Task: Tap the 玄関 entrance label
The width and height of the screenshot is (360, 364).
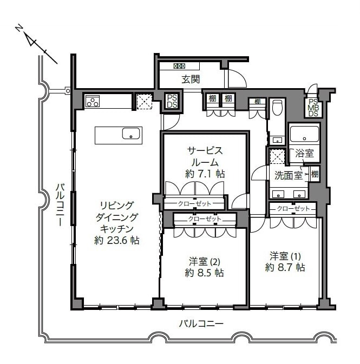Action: [x=190, y=79]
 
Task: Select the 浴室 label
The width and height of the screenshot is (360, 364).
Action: [x=304, y=154]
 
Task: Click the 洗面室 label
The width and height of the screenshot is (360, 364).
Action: [x=287, y=175]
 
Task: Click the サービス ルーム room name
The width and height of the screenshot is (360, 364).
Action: [x=205, y=156]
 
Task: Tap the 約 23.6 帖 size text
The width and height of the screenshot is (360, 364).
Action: [x=116, y=241]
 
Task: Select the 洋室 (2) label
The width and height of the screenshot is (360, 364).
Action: [x=204, y=261]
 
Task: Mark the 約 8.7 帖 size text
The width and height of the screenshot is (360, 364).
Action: [x=285, y=267]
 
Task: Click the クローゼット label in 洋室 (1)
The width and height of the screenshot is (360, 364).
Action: [x=293, y=208]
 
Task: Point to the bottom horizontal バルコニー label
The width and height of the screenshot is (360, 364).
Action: [x=201, y=323]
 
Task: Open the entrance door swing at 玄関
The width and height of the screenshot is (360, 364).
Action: [x=235, y=79]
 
